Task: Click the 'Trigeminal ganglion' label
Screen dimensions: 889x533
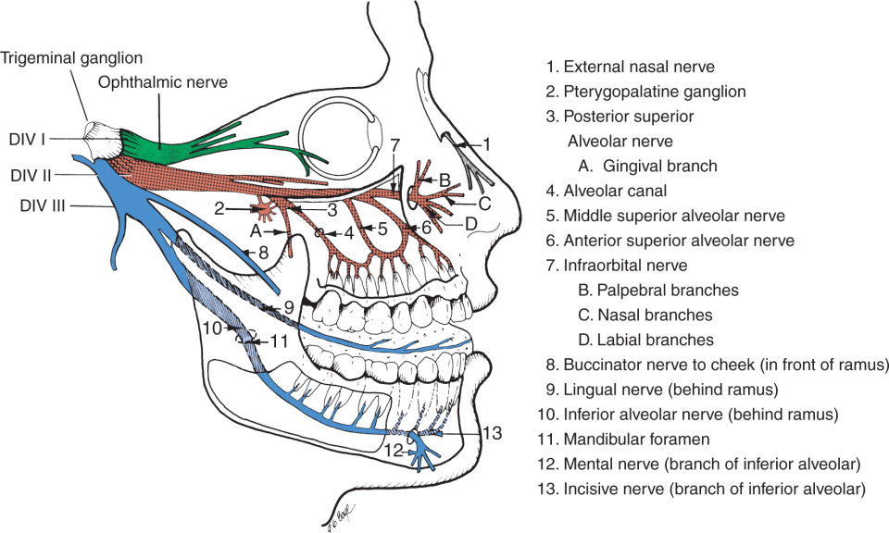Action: pyautogui.click(x=71, y=57)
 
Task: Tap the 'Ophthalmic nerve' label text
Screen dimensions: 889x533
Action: pyautogui.click(x=163, y=82)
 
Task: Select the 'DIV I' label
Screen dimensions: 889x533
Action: pyautogui.click(x=27, y=139)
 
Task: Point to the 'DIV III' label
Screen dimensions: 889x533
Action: pyautogui.click(x=43, y=205)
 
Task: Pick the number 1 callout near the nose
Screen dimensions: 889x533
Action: pyautogui.click(x=486, y=145)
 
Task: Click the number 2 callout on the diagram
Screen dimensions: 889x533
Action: pyautogui.click(x=219, y=209)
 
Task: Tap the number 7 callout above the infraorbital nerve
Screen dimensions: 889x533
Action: pyautogui.click(x=395, y=145)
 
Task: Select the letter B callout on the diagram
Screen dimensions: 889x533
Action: pyautogui.click(x=445, y=180)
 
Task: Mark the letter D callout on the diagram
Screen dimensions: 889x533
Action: pyautogui.click(x=470, y=224)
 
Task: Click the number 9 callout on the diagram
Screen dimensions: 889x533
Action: pyautogui.click(x=289, y=307)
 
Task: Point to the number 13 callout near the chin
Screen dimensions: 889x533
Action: pyautogui.click(x=492, y=433)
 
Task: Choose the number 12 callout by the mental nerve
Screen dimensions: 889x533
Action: pyautogui.click(x=394, y=452)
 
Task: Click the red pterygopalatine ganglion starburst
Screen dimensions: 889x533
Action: pyautogui.click(x=266, y=210)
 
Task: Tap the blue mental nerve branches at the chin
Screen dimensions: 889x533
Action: pyautogui.click(x=422, y=451)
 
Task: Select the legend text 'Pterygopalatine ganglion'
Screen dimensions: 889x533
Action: pyautogui.click(x=655, y=92)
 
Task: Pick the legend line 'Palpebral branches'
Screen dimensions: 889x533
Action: pyautogui.click(x=668, y=291)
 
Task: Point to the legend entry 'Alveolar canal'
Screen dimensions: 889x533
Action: pyautogui.click(x=615, y=191)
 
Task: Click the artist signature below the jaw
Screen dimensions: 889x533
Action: pyautogui.click(x=340, y=515)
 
